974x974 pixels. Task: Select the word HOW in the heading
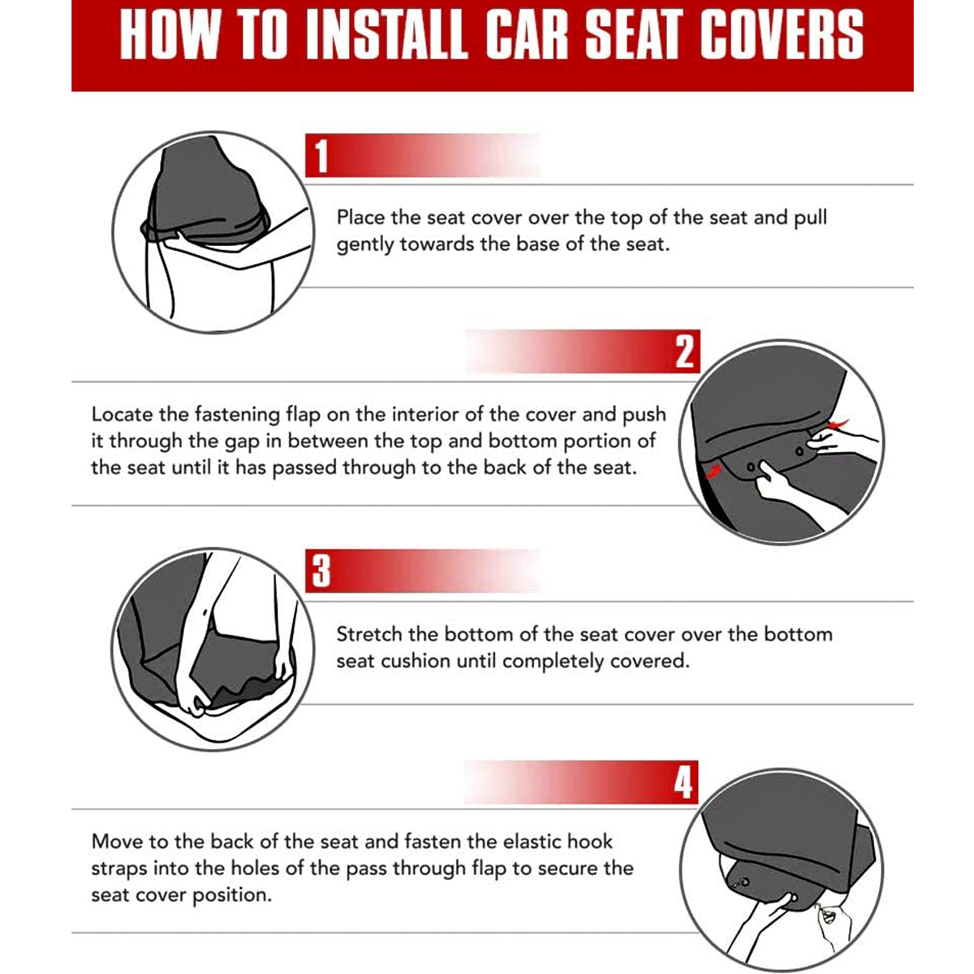(169, 35)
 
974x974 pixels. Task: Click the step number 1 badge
(321, 156)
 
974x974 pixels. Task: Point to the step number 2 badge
(685, 351)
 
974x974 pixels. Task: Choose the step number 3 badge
(321, 571)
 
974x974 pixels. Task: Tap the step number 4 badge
(683, 782)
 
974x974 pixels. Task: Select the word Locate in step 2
(122, 415)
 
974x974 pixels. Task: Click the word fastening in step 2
(237, 415)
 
